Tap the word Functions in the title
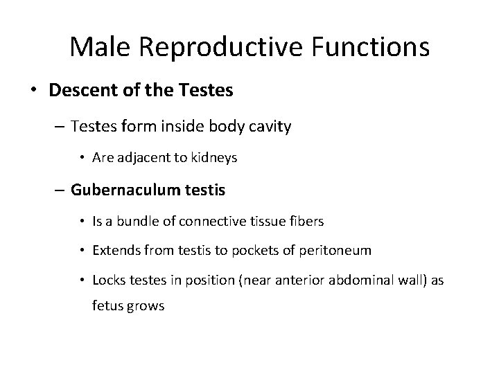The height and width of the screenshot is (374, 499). (x=371, y=47)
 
